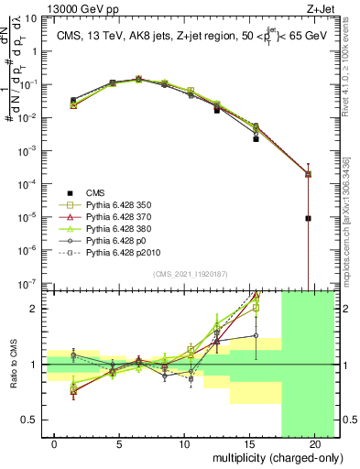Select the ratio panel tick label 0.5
32,420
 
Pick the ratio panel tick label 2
35,308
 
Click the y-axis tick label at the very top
31,19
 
